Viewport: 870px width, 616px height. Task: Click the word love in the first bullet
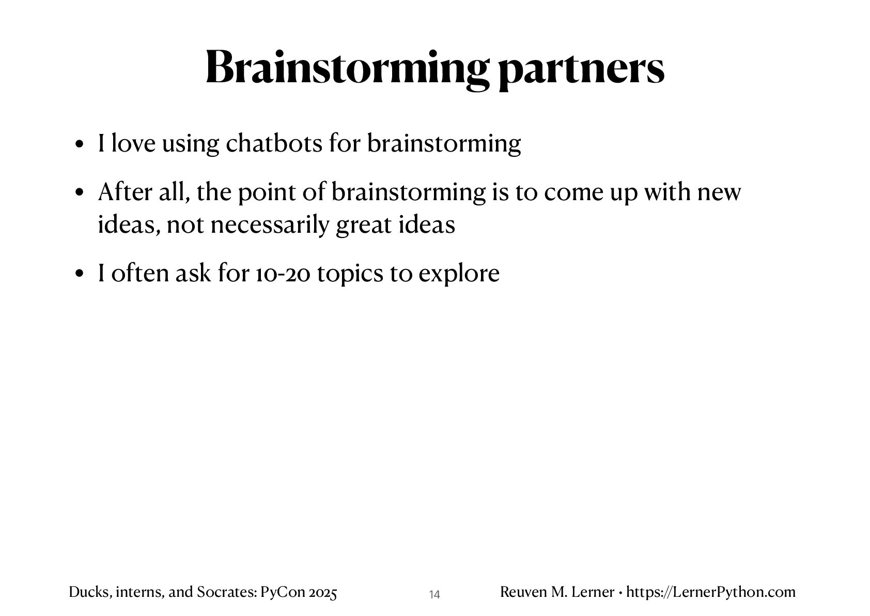(133, 143)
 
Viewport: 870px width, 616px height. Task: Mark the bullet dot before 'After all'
(80, 193)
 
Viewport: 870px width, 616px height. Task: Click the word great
(363, 226)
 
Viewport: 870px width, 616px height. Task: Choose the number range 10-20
(283, 274)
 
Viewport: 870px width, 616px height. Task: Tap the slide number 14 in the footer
(434, 595)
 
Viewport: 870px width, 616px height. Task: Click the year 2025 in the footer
(322, 592)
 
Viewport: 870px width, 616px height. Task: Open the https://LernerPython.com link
(711, 592)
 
